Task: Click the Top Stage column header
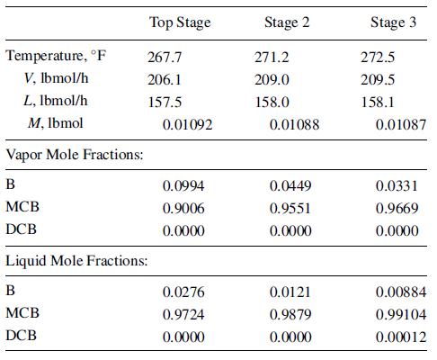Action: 180,22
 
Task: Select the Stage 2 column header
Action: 288,22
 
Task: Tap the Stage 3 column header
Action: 394,22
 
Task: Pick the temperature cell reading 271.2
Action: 272,57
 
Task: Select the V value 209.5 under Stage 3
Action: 378,79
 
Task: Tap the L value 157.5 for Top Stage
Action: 164,102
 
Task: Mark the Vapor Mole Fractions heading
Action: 76,156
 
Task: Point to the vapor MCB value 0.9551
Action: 289,207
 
